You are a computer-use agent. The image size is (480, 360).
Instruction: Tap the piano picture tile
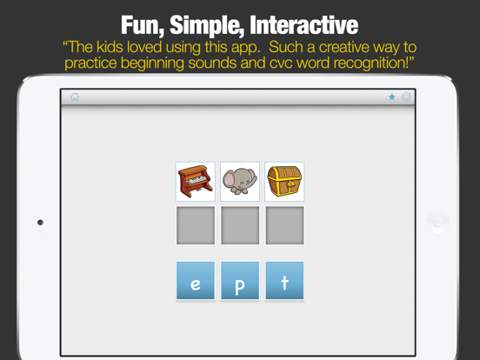click(195, 182)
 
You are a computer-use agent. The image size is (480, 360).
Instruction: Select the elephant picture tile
click(239, 182)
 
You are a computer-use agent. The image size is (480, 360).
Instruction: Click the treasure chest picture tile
click(284, 182)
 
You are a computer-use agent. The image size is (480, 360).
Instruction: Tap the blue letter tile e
click(195, 281)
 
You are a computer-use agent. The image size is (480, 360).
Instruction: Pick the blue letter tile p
click(239, 281)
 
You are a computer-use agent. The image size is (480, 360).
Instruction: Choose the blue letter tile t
click(284, 281)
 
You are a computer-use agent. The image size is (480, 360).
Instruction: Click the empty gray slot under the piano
click(195, 226)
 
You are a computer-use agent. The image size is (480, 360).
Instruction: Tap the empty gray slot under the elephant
click(239, 226)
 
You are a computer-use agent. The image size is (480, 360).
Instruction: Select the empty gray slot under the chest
click(284, 226)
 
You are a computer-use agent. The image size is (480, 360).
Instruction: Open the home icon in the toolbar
click(75, 97)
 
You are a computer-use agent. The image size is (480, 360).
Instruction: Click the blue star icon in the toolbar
click(392, 97)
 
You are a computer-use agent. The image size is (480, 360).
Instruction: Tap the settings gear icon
click(406, 97)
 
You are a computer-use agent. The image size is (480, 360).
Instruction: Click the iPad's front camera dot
click(40, 223)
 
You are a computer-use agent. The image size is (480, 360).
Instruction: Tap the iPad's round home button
click(438, 223)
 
